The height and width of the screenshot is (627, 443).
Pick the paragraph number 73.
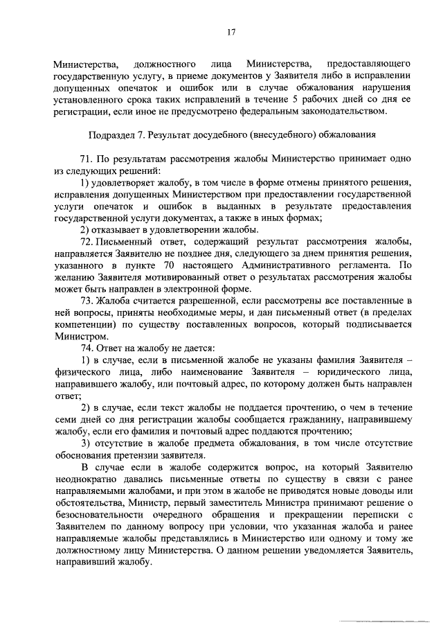pyautogui.click(x=87, y=300)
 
